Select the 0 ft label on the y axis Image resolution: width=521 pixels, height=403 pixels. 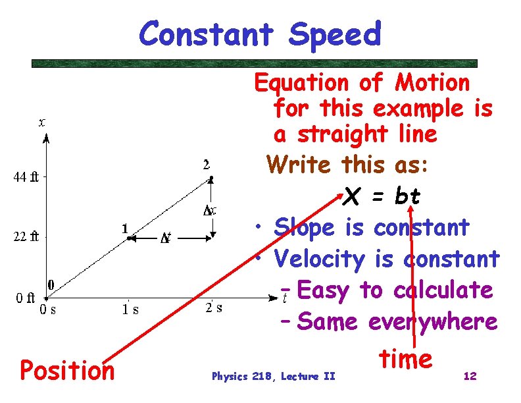tap(26, 298)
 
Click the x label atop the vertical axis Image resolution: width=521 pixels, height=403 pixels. tap(42, 122)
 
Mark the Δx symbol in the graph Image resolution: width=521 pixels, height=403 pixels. tap(211, 210)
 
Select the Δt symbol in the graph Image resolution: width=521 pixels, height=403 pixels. tap(166, 238)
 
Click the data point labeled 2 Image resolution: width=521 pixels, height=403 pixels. tap(211, 178)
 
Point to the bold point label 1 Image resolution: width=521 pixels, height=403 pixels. tap(124, 228)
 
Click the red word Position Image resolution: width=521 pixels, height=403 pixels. tap(67, 370)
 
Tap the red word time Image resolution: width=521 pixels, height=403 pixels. tap(405, 359)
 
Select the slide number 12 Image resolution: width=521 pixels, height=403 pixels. tap(470, 376)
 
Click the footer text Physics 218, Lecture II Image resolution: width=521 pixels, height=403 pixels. tap(273, 376)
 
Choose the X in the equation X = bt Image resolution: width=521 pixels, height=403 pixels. tap(352, 196)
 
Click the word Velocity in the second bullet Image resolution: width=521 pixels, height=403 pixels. tap(319, 259)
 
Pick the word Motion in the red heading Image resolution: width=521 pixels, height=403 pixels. tap(432, 83)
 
